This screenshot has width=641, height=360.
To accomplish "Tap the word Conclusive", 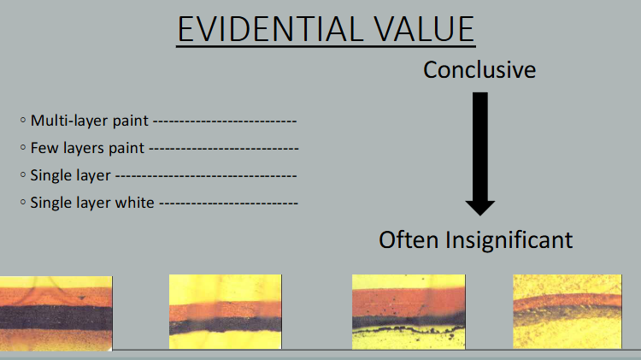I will tap(479, 69).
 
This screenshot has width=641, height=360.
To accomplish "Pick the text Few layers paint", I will tap(88, 148).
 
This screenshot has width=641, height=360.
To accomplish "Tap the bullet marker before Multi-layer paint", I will tap(23, 121).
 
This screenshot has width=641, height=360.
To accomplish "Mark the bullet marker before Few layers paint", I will tap(23, 148).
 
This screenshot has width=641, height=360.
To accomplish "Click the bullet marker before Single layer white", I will tap(23, 203).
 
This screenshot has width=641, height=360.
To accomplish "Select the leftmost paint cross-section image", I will tap(56, 313).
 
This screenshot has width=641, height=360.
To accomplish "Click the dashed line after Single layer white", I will tap(228, 204).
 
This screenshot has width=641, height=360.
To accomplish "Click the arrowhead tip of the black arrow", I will tap(480, 214).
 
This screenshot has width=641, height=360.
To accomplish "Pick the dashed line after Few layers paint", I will tap(223, 149).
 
